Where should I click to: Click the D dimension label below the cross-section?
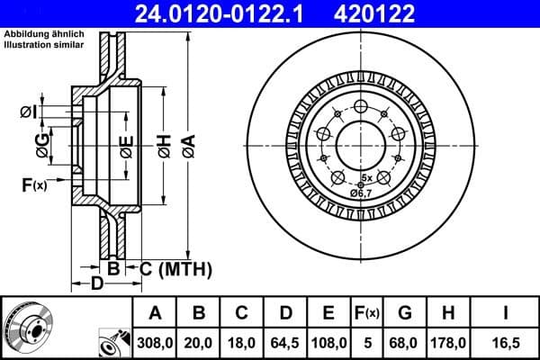click(97, 283)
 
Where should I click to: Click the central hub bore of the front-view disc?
click(359, 141)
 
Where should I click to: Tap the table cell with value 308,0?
click(156, 342)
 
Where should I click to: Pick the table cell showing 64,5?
click(285, 342)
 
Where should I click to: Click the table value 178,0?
click(450, 342)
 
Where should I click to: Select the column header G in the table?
click(404, 313)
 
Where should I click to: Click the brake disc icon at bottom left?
click(27, 328)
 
